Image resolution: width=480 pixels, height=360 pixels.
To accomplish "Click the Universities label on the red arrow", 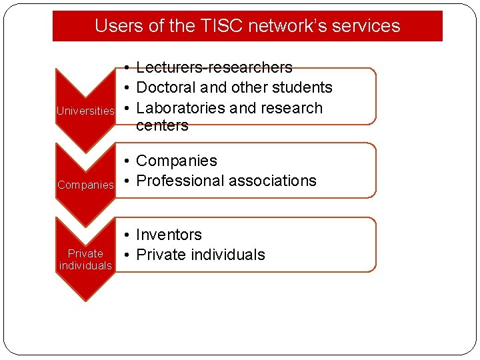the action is (x=85, y=111).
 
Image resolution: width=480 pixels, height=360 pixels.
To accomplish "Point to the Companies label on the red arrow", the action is (x=85, y=185).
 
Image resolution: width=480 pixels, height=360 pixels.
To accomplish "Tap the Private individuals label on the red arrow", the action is (x=85, y=259).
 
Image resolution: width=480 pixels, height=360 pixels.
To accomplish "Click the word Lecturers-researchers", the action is (x=214, y=67).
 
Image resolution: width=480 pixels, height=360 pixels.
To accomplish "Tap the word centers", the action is (x=162, y=125).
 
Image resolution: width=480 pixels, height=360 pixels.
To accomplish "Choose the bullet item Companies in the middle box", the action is (x=176, y=161).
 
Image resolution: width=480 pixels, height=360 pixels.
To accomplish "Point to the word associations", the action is (x=273, y=181).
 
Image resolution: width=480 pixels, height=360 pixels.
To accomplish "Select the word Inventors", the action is (x=169, y=235).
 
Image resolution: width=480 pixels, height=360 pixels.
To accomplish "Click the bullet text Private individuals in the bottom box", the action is (x=200, y=255).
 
